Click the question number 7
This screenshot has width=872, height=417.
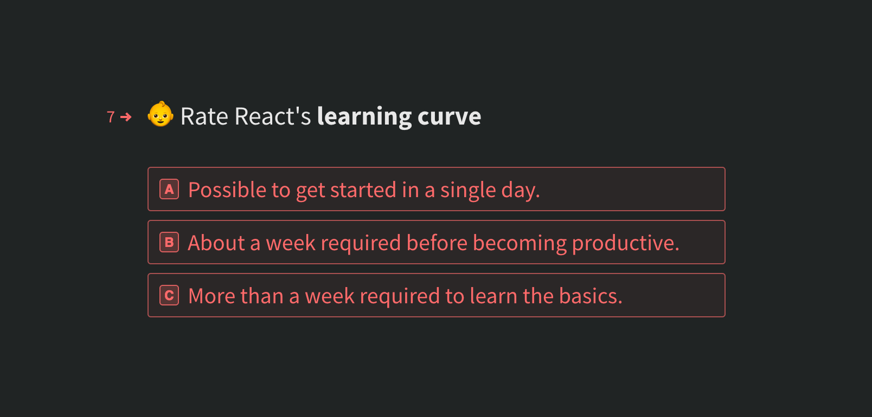(111, 117)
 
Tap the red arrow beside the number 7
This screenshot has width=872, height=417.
(126, 117)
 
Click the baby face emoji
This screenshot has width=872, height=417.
(161, 115)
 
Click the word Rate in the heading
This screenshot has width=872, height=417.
(204, 116)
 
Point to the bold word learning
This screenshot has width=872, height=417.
(364, 116)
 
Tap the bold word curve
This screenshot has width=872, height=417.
(449, 116)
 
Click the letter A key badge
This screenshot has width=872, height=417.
(169, 190)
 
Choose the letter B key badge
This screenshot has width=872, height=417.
(169, 243)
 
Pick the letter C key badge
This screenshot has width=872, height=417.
(169, 296)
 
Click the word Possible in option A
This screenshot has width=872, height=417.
(227, 190)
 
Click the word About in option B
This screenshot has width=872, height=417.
(216, 243)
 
